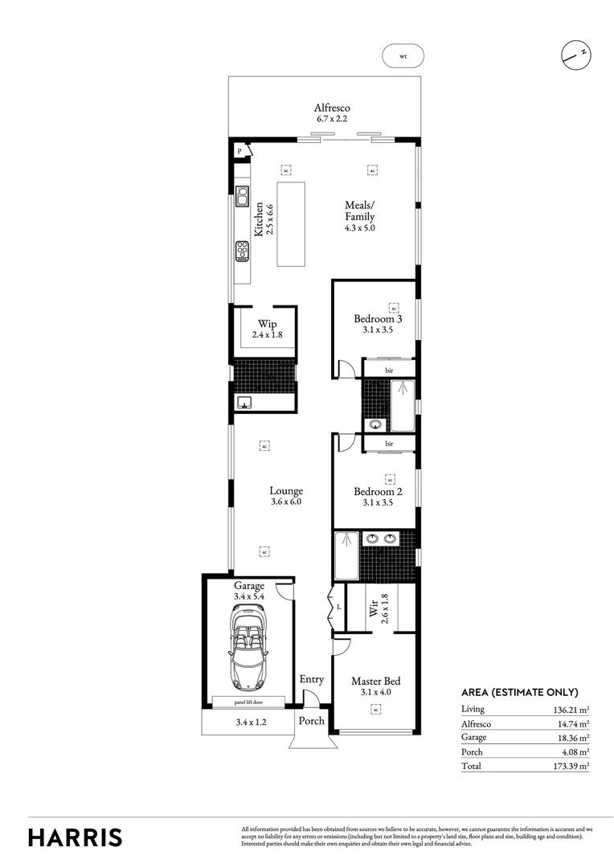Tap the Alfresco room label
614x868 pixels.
coord(332,108)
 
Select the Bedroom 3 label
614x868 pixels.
coord(378,319)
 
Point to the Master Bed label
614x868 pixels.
coord(375,682)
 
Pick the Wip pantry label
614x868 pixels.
coord(267,324)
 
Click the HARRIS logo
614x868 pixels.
coord(76,837)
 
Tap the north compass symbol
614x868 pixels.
coord(576,55)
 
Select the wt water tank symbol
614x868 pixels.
coord(403,56)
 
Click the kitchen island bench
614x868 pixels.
coord(292,223)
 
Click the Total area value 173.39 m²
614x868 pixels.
coord(569,766)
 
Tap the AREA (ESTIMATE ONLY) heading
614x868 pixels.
coord(519,692)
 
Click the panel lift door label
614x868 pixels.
coord(248,702)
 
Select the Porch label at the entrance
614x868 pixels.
coord(312,721)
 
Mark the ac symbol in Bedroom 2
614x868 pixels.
coord(390,479)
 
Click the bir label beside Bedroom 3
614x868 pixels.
coord(389,370)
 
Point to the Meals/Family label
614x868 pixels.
coord(360,211)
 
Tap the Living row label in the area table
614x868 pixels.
coord(473,710)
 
